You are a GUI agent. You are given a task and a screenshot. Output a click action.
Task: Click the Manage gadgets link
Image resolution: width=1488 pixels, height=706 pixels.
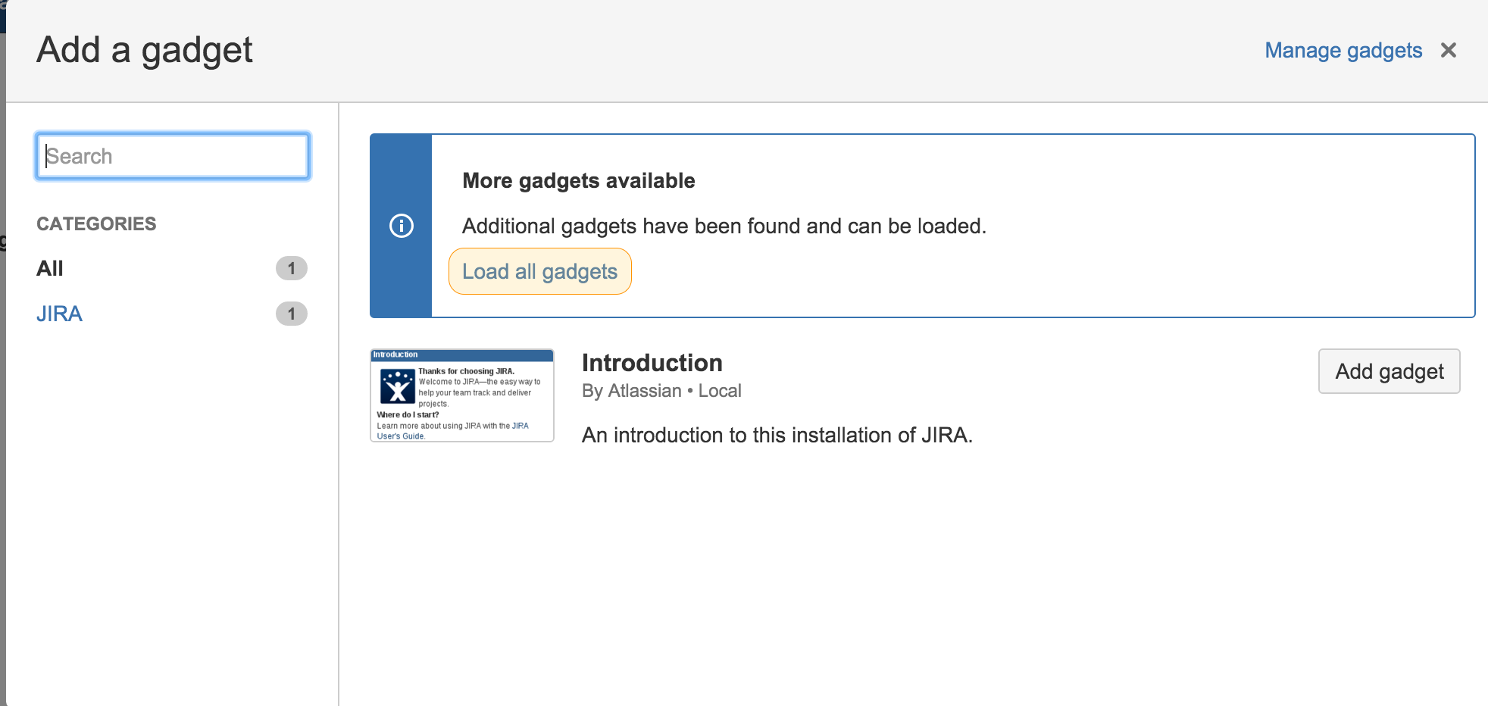(1343, 51)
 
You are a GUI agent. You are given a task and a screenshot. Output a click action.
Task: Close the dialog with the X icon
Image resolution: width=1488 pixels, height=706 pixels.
(1449, 50)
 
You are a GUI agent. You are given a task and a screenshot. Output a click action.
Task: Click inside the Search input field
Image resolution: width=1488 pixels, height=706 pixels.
(173, 156)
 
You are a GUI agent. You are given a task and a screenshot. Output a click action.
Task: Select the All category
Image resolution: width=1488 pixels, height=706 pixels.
(50, 268)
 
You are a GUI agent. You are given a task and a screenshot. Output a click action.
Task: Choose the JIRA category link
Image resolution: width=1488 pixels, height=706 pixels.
(59, 314)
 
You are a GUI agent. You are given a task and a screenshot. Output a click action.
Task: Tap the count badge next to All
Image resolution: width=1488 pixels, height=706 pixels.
(292, 268)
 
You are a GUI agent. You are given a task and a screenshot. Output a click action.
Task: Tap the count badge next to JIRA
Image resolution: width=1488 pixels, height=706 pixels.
(292, 314)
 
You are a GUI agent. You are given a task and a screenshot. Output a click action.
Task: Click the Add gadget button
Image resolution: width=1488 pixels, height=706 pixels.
(1390, 371)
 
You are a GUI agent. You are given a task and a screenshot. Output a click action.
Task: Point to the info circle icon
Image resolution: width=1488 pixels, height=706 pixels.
(402, 226)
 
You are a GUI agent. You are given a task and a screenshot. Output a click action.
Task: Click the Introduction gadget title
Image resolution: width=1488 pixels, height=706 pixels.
(652, 363)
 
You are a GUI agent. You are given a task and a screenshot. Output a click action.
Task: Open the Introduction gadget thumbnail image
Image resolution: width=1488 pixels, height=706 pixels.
(462, 395)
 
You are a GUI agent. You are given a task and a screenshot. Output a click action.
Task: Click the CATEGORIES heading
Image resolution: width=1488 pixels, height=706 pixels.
(96, 224)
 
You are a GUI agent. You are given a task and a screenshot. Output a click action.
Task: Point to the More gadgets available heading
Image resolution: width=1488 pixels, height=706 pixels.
(579, 180)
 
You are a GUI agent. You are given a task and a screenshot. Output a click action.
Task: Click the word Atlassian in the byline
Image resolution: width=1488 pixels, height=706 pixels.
(645, 391)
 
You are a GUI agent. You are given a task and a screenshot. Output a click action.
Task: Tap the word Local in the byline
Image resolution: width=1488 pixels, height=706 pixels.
(720, 391)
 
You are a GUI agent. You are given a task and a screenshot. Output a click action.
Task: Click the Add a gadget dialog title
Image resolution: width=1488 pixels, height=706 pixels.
(145, 51)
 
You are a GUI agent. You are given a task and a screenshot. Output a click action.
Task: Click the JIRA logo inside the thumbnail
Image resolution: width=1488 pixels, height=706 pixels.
(398, 387)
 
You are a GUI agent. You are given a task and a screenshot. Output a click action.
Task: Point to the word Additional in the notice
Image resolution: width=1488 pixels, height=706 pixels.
(508, 226)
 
